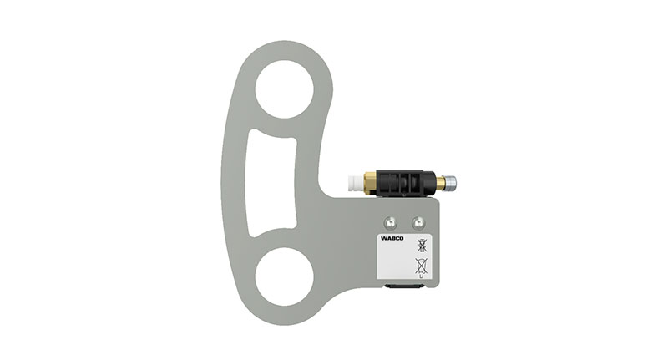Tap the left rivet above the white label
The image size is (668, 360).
(390, 222)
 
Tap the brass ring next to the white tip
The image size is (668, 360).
(371, 181)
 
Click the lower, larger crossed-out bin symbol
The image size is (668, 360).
(421, 267)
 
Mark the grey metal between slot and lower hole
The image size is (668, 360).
(276, 242)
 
